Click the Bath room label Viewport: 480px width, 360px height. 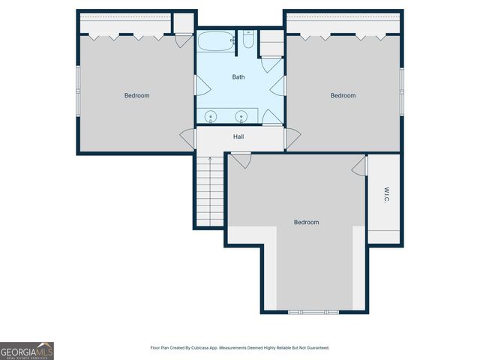coord(238,77)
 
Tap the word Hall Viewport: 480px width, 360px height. coord(238,136)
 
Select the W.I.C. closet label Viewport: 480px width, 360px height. coord(385,195)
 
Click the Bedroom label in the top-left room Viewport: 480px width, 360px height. coord(136,95)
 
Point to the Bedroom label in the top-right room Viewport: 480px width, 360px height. coord(343,95)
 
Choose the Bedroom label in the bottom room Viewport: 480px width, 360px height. coord(306,222)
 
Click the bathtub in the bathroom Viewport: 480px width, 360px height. coord(215,40)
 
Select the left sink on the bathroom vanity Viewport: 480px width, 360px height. coord(211,116)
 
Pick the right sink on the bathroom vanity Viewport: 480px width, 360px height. coord(241,116)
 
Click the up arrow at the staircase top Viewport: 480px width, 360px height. coord(209,159)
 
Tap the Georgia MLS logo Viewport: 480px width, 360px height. coord(27,350)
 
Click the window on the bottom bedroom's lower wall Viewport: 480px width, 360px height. coord(314,311)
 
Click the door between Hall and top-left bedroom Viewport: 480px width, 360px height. coord(187,139)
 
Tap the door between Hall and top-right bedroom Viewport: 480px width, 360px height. coord(292,138)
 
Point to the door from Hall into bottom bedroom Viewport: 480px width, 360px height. coord(241,160)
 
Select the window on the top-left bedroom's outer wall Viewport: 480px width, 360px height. coord(78,90)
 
